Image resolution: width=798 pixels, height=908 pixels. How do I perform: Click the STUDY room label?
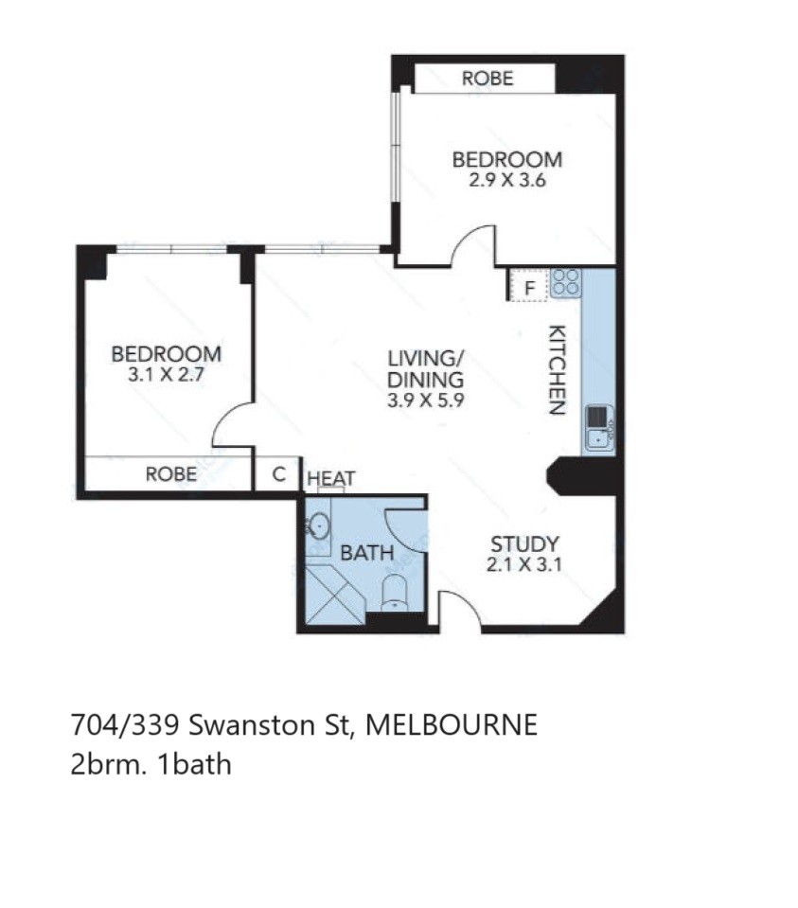pyautogui.click(x=524, y=543)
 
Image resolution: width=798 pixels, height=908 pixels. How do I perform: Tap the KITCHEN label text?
pyautogui.click(x=557, y=370)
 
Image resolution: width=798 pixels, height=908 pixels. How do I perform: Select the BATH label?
pyautogui.click(x=367, y=553)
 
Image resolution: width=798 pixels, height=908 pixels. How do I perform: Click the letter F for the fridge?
pyautogui.click(x=529, y=289)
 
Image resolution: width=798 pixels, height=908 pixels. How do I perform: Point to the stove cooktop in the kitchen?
pyautogui.click(x=565, y=283)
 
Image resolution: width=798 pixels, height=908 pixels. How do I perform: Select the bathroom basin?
pyautogui.click(x=317, y=526)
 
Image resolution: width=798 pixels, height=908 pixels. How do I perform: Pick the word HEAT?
pyautogui.click(x=330, y=478)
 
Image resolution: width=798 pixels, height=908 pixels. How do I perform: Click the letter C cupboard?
pyautogui.click(x=279, y=474)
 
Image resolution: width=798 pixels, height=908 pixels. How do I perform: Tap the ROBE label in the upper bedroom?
pyautogui.click(x=488, y=79)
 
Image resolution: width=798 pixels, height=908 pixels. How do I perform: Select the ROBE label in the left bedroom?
pyautogui.click(x=170, y=474)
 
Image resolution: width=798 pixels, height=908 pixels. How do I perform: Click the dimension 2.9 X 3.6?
pyautogui.click(x=507, y=180)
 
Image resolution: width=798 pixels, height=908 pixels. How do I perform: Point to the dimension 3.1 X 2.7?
pyautogui.click(x=167, y=374)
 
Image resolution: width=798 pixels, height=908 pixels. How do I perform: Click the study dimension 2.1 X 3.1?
pyautogui.click(x=524, y=564)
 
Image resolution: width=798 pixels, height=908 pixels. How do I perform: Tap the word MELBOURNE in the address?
pyautogui.click(x=452, y=724)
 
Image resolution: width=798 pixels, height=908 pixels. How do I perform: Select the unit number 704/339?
pyautogui.click(x=125, y=724)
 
